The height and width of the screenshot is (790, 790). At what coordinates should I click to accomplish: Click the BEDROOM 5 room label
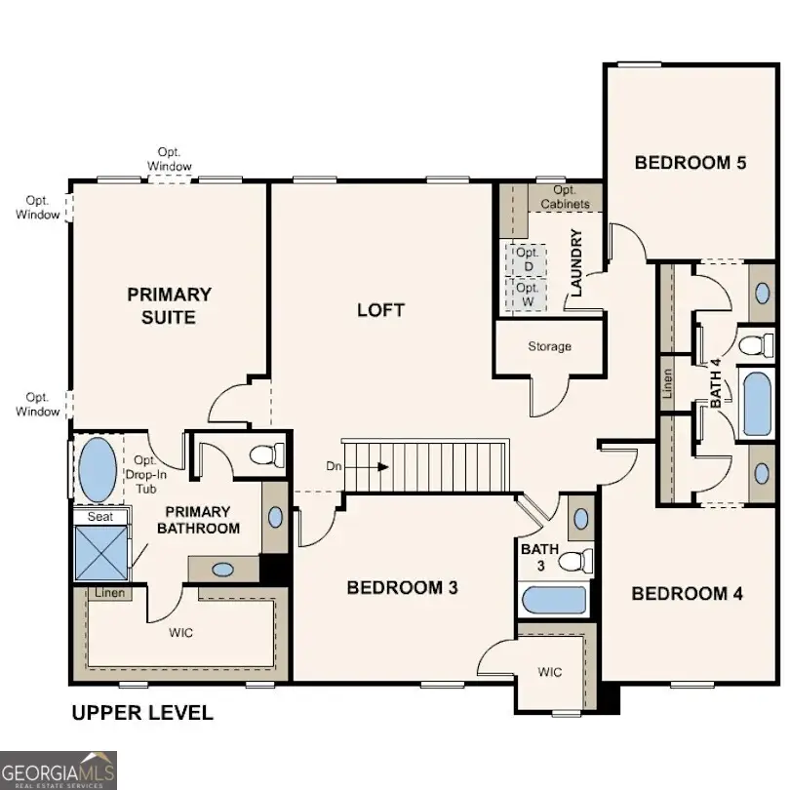pos(690,163)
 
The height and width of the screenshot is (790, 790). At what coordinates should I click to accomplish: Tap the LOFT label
pos(380,310)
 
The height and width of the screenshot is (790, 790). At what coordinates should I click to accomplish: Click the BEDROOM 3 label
pos(403,588)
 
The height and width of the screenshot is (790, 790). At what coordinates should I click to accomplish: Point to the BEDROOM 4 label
pos(687,594)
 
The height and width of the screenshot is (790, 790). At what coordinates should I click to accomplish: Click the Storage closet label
pos(550,347)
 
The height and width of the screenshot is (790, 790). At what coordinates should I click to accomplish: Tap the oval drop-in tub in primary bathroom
pos(97,469)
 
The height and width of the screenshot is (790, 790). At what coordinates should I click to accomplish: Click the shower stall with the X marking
pos(100,553)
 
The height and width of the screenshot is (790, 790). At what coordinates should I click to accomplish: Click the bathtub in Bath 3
pos(553,600)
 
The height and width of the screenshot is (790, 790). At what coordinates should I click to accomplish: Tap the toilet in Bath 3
pos(579,562)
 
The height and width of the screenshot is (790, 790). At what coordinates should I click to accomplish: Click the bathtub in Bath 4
pos(758,402)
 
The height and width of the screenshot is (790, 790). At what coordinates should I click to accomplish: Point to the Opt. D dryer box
pos(529,259)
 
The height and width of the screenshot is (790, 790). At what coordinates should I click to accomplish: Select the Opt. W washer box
pos(528,295)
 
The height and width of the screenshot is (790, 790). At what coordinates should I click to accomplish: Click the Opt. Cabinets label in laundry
pos(571,197)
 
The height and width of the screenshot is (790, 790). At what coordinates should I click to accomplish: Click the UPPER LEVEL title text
pos(142,713)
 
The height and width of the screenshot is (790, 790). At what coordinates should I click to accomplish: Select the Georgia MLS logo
pos(59,770)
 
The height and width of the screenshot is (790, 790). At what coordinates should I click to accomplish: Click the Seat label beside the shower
pos(99,517)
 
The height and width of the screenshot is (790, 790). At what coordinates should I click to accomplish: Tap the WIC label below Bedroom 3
pos(550,673)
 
